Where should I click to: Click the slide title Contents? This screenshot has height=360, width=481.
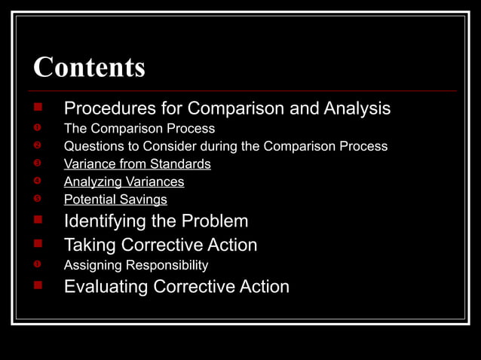point(89,68)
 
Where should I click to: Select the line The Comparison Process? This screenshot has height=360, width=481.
point(139,128)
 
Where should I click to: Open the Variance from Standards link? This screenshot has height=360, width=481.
point(137,163)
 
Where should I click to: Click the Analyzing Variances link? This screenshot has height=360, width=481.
point(124,182)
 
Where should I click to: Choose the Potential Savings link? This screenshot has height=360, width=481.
point(115,200)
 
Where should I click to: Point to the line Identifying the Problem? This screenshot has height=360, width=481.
point(155,221)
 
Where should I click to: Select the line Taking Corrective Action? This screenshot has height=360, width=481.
point(160,245)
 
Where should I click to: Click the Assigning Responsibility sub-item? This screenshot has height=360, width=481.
point(136,265)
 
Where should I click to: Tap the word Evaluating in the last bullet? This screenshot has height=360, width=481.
point(106,287)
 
